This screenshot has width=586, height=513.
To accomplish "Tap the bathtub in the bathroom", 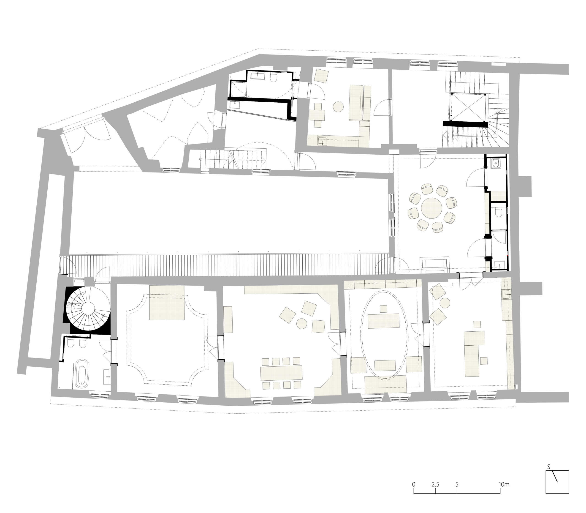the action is tap(82, 374).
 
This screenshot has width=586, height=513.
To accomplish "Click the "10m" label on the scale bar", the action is tap(504, 477).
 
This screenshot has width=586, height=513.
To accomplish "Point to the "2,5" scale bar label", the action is tap(435, 477).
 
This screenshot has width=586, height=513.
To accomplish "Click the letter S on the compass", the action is tap(548, 467).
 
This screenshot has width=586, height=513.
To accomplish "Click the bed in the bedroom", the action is tap(167, 302).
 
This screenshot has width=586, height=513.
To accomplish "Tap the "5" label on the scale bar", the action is tap(457, 477).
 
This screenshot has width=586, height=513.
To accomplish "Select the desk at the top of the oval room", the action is tap(383, 321).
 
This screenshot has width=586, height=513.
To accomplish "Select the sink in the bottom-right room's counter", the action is tap(506, 294).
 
